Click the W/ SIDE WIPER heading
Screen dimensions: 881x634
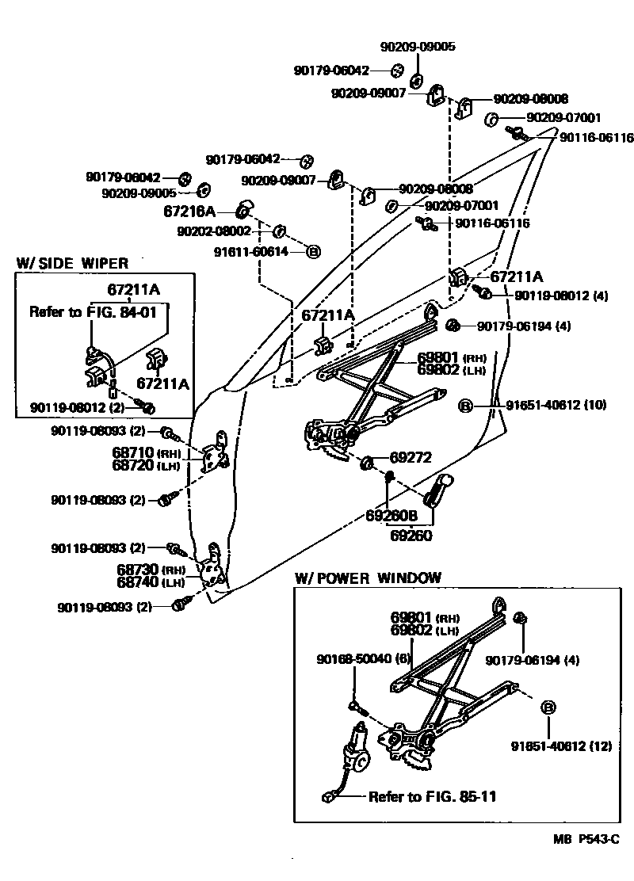(72, 263)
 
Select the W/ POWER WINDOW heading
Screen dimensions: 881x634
(368, 578)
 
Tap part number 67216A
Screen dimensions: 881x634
(189, 212)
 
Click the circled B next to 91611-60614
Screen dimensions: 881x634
(313, 252)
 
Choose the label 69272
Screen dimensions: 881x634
(410, 459)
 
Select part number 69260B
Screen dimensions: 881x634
(391, 515)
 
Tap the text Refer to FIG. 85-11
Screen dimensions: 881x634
(432, 796)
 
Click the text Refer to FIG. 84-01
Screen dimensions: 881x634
(99, 311)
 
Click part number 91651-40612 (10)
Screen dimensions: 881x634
(556, 405)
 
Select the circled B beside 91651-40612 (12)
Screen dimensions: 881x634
(548, 707)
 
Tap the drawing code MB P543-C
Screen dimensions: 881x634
(586, 839)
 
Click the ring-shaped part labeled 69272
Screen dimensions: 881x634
(368, 462)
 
